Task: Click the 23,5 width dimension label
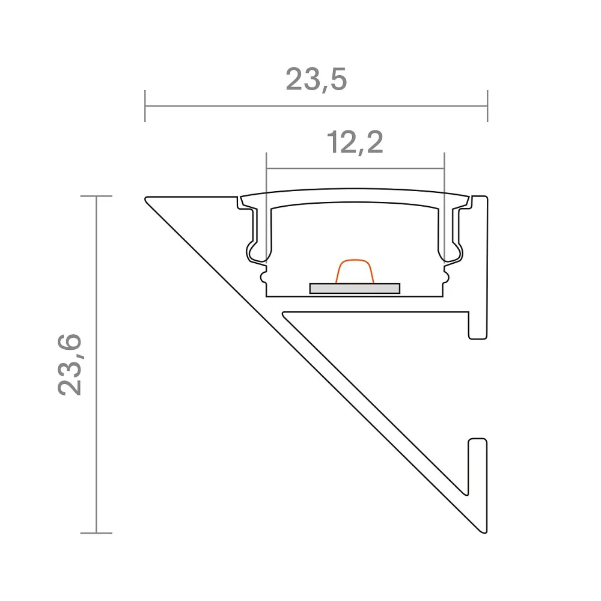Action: click(316, 80)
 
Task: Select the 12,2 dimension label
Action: click(355, 142)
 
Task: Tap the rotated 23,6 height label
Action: click(70, 364)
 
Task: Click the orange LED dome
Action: click(355, 272)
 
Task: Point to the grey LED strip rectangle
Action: click(355, 288)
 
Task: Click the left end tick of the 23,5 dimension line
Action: click(145, 106)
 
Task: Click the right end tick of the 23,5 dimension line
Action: click(487, 106)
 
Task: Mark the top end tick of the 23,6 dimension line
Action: click(96, 196)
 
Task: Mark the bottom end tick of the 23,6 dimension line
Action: click(96, 532)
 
